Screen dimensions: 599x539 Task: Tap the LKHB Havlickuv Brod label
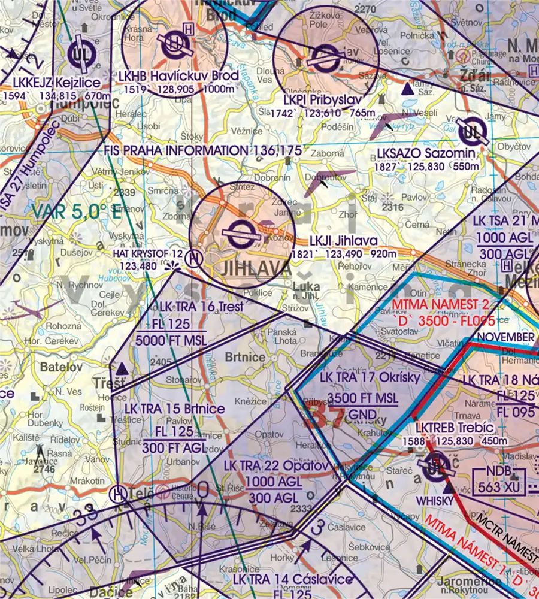click(x=178, y=76)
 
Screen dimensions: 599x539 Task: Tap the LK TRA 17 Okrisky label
click(x=370, y=378)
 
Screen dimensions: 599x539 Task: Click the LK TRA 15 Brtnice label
click(x=175, y=409)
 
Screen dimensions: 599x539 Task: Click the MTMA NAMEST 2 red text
click(x=449, y=304)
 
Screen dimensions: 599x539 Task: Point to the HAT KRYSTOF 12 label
click(x=147, y=253)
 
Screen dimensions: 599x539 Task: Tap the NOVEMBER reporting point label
click(x=505, y=337)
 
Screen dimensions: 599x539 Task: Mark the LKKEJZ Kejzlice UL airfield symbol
click(x=78, y=55)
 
